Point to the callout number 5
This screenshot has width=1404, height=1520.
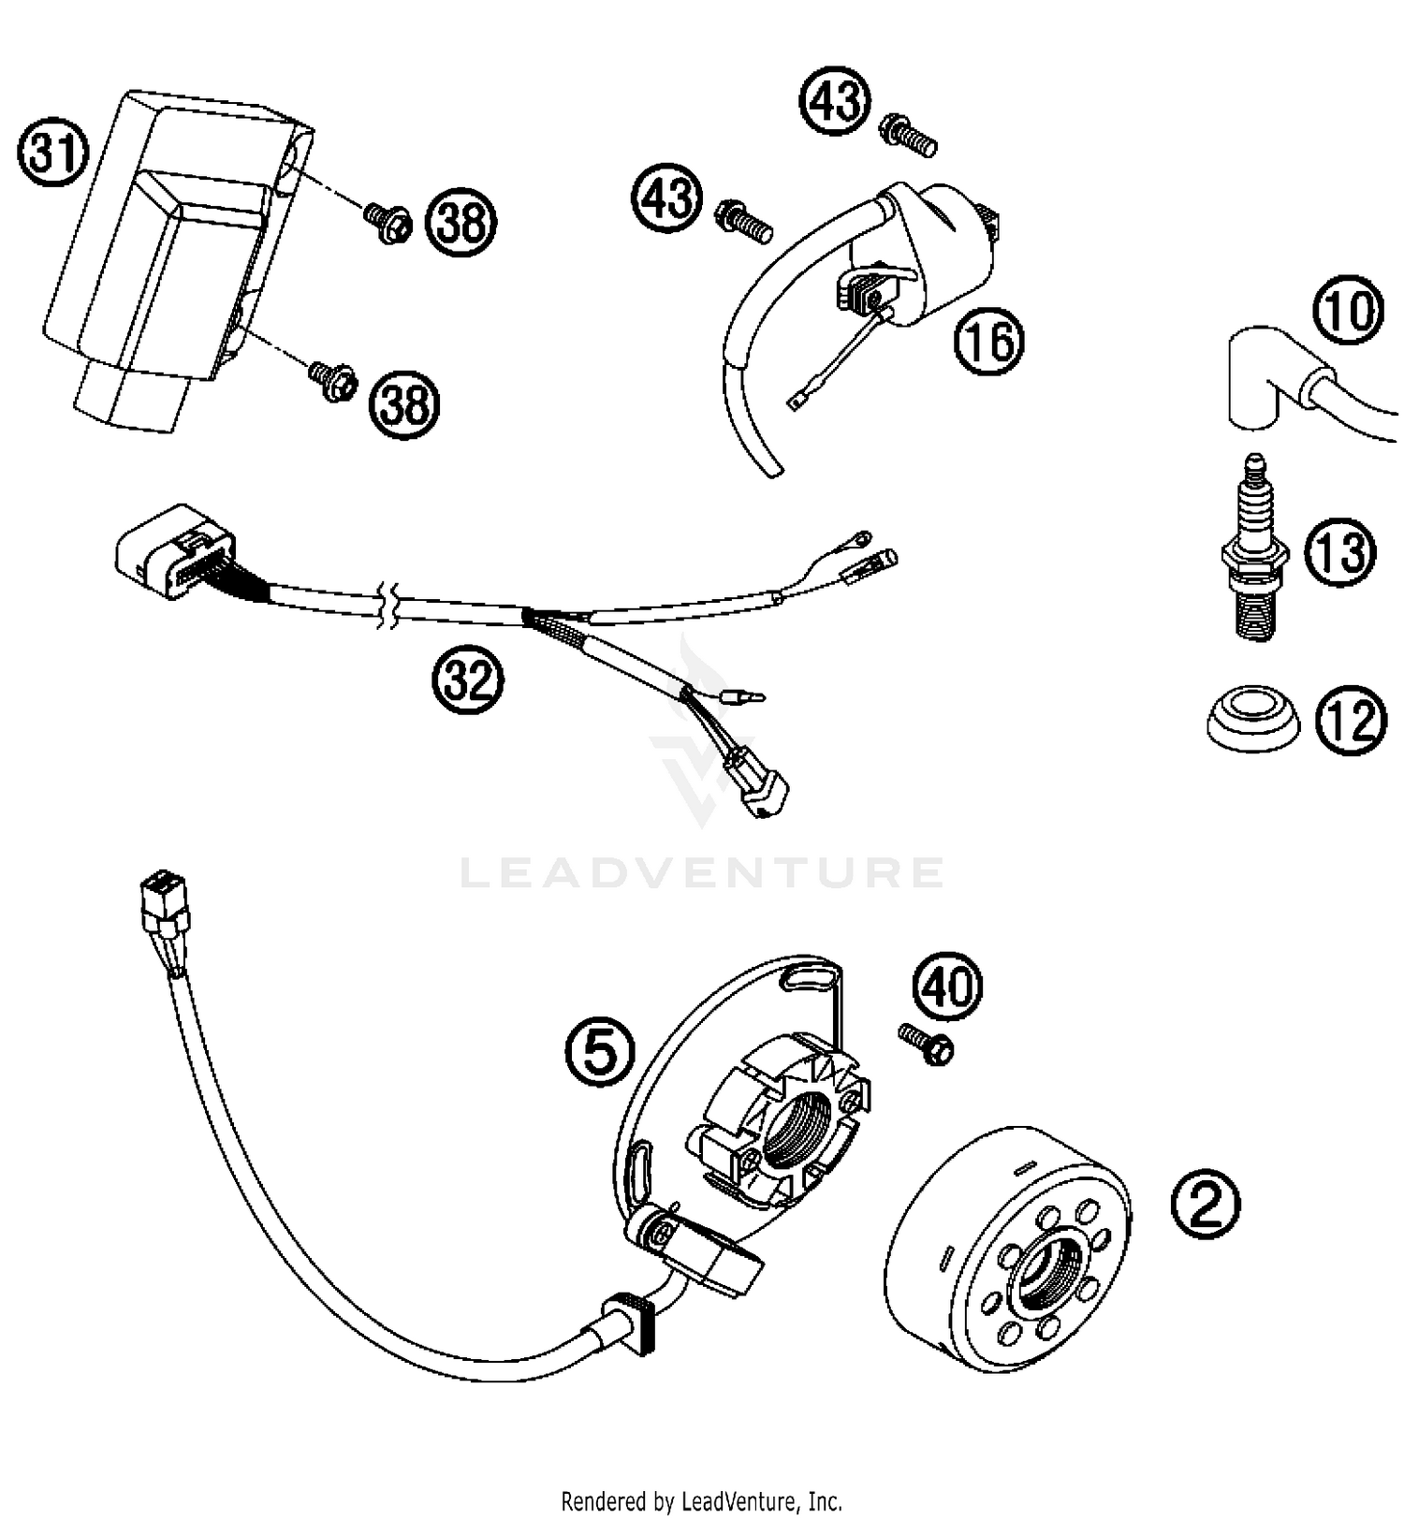(x=599, y=1052)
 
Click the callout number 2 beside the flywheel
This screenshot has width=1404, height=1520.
(x=1206, y=1204)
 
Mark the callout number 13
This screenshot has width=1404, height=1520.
(x=1341, y=551)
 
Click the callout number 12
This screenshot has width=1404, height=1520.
(x=1352, y=722)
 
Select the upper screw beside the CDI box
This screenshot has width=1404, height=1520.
(x=388, y=222)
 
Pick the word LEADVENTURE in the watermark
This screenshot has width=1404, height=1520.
(x=701, y=873)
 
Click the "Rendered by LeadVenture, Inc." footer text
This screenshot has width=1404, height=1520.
(x=701, y=1501)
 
